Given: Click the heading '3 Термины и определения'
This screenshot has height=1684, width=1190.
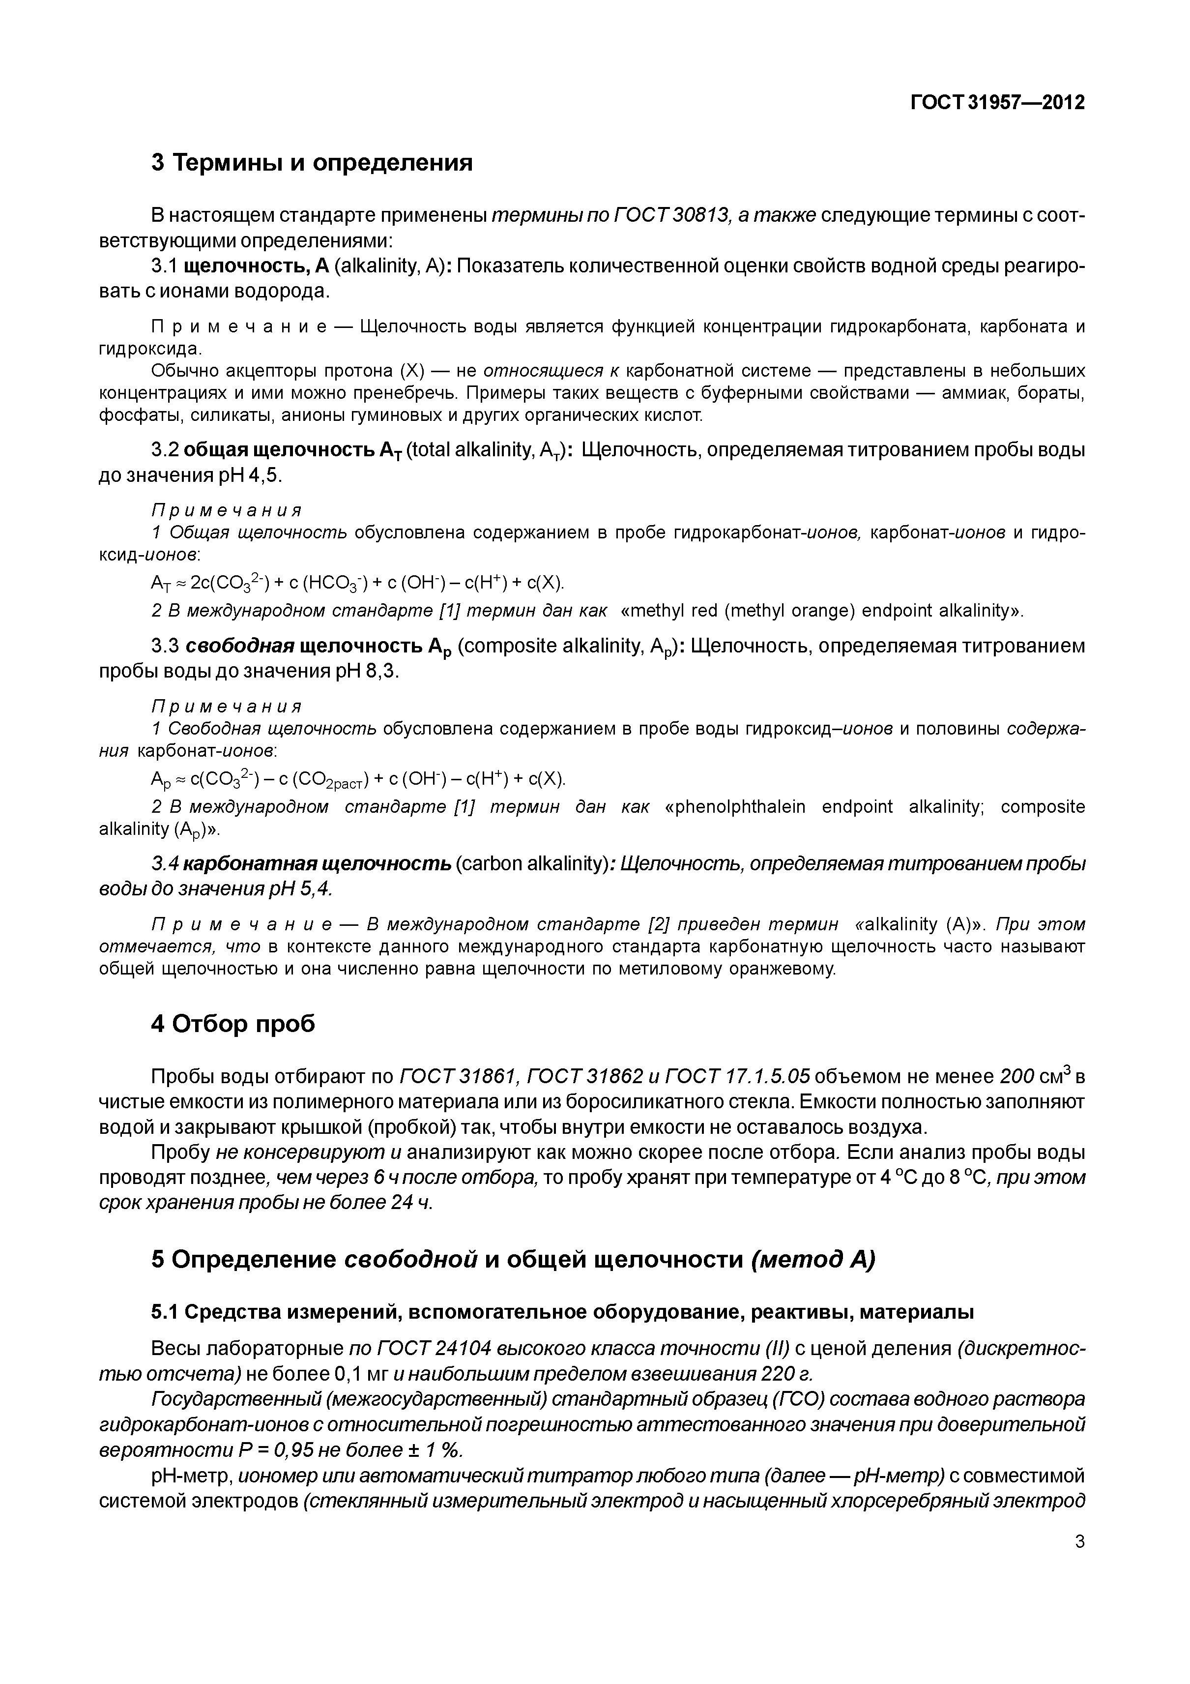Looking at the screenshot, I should click(x=312, y=162).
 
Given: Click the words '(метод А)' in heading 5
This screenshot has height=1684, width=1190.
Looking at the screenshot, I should click(x=813, y=1259).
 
